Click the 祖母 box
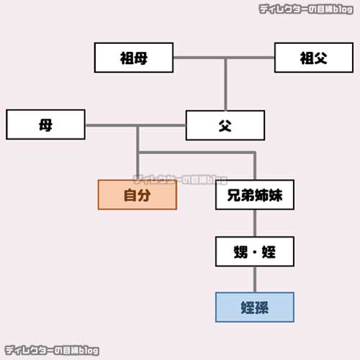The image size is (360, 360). [134, 58]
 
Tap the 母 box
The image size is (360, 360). [45, 125]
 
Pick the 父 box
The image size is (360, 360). [225, 125]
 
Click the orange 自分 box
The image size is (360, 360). [137, 194]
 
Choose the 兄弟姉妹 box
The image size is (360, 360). [254, 194]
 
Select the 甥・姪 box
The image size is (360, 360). [254, 251]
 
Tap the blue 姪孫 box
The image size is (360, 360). [254, 307]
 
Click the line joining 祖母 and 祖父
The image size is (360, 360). [224, 58]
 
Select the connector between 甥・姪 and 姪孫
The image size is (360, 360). [254, 279]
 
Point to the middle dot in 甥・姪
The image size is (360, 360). [254, 252]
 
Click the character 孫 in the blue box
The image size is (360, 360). [264, 307]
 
